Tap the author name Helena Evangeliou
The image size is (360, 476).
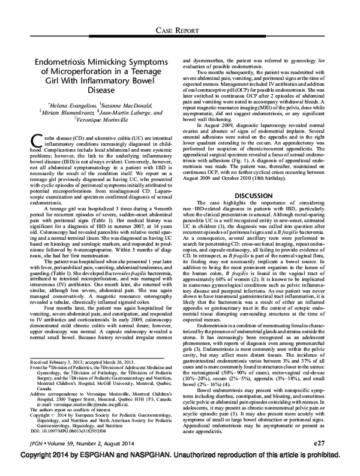coord(60,106)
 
